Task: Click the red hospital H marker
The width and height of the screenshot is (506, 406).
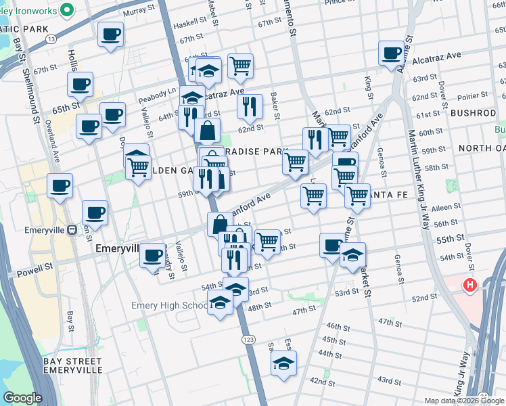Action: tap(470, 285)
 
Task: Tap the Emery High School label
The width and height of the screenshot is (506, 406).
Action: tap(169, 306)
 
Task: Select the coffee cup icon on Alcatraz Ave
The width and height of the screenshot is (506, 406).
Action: tap(391, 53)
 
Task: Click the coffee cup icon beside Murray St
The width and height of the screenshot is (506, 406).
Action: tap(111, 34)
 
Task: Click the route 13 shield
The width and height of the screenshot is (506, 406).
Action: tap(51, 40)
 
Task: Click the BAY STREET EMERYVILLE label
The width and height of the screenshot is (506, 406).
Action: tap(72, 366)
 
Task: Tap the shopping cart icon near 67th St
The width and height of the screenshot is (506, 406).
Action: tap(240, 66)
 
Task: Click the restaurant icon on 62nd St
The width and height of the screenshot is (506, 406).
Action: tap(250, 106)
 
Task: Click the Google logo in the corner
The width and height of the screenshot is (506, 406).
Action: tap(22, 397)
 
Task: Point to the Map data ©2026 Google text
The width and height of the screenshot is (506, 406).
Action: tap(465, 401)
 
